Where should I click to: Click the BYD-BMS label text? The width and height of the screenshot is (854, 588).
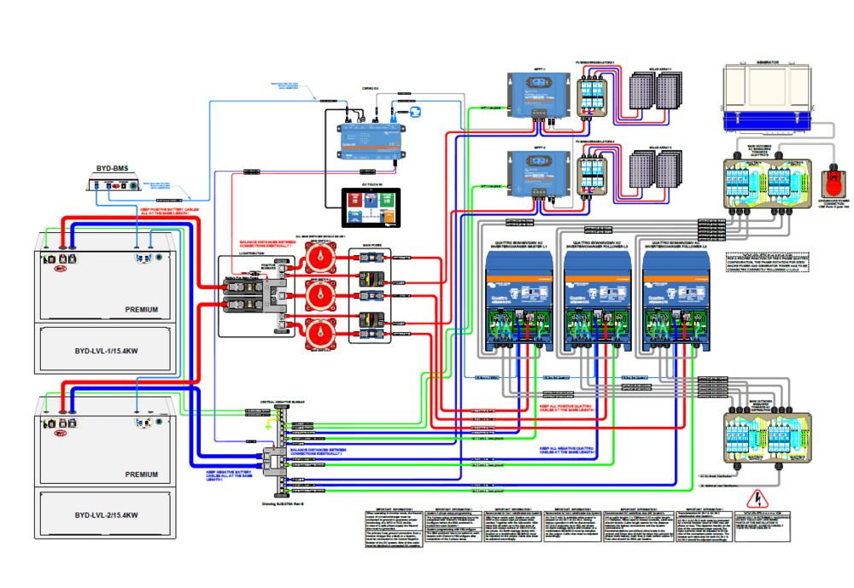tap(111, 168)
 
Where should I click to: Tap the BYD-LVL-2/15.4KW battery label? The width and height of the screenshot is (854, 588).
tap(106, 515)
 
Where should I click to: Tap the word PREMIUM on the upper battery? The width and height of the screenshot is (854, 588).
tap(141, 309)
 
